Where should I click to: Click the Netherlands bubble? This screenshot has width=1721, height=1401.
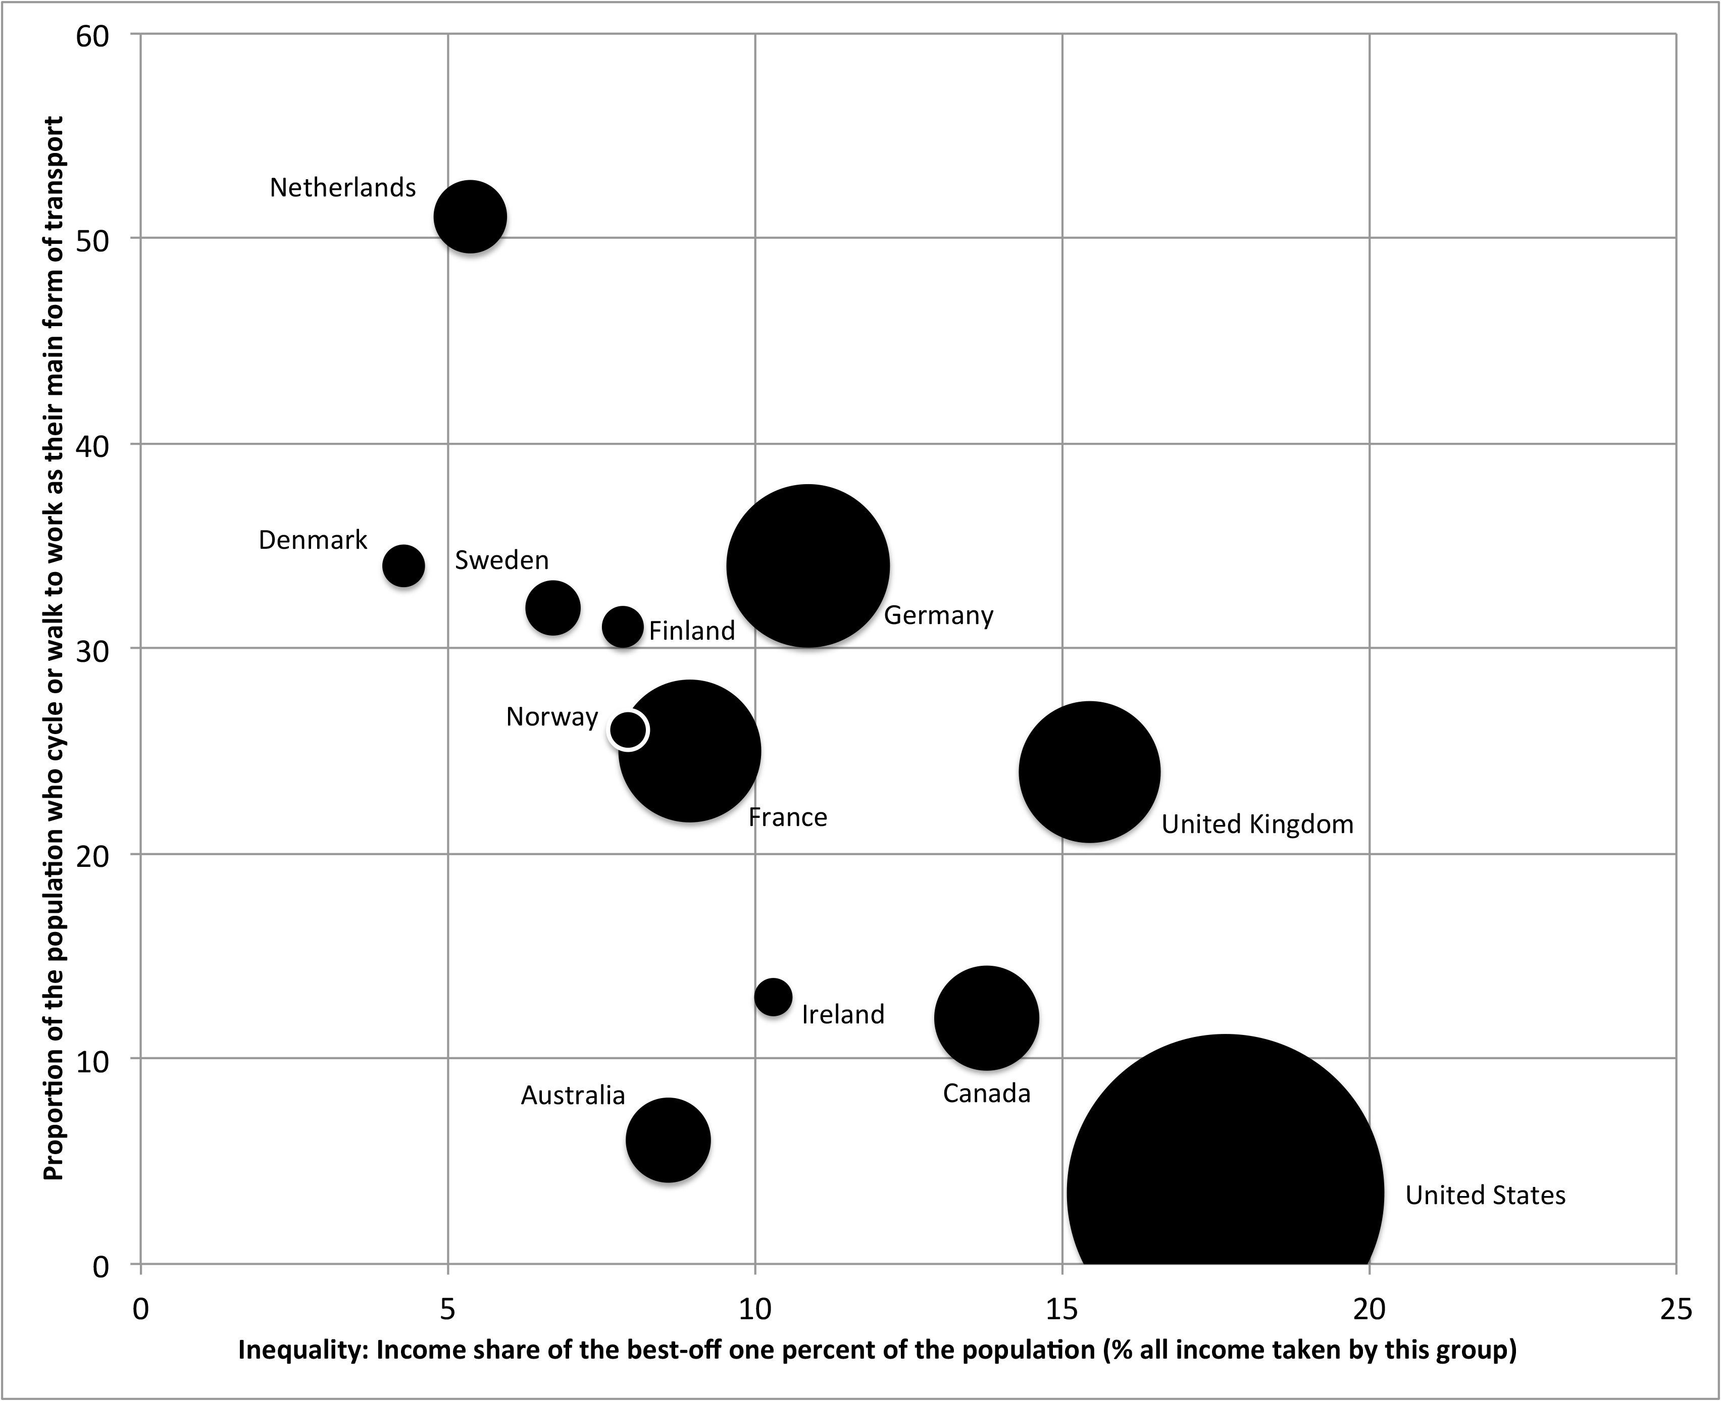tap(471, 216)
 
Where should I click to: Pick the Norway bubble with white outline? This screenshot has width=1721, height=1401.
tap(628, 730)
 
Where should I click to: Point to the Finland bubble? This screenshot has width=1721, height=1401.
tap(622, 627)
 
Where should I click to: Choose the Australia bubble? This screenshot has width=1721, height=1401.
tap(669, 1140)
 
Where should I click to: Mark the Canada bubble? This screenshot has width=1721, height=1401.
tap(986, 1018)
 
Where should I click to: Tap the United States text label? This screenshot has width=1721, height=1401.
tap(1485, 1195)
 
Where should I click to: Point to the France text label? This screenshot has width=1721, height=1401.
tap(788, 817)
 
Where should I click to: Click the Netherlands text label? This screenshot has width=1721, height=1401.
tap(343, 188)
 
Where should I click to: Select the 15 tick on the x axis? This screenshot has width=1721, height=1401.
tap(1062, 1310)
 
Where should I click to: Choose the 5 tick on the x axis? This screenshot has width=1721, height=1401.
tap(448, 1310)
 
